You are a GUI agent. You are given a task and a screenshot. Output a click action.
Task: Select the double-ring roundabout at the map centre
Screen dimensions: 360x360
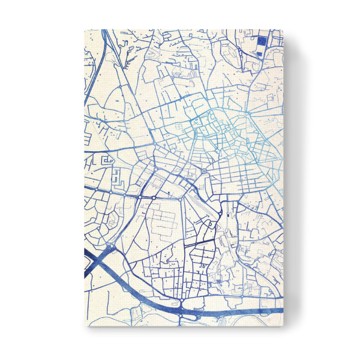204,172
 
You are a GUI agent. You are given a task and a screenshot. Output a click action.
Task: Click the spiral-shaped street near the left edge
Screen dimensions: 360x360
108,160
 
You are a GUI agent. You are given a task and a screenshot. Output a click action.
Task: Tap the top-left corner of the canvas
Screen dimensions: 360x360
84,29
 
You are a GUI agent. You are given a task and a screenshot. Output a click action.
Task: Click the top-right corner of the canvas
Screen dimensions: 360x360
283,29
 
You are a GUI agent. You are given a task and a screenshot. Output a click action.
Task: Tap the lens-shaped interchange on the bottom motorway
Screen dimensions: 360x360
180,313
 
